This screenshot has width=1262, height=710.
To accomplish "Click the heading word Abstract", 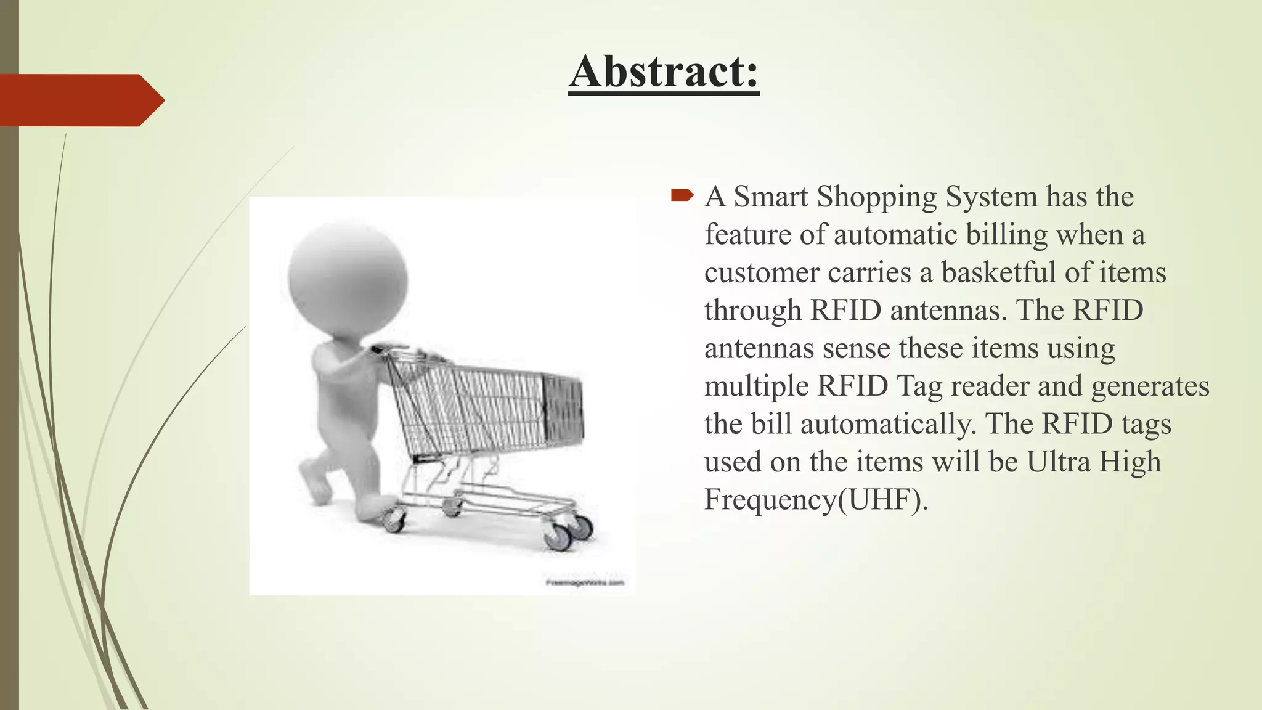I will click(664, 72).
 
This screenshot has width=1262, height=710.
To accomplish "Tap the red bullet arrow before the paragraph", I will click(682, 196).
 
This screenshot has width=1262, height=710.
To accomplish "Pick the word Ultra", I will click(1054, 462).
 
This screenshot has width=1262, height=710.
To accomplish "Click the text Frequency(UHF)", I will click(816, 500).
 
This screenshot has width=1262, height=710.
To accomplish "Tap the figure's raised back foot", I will click(313, 481).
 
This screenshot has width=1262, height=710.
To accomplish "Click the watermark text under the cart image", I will click(585, 582).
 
